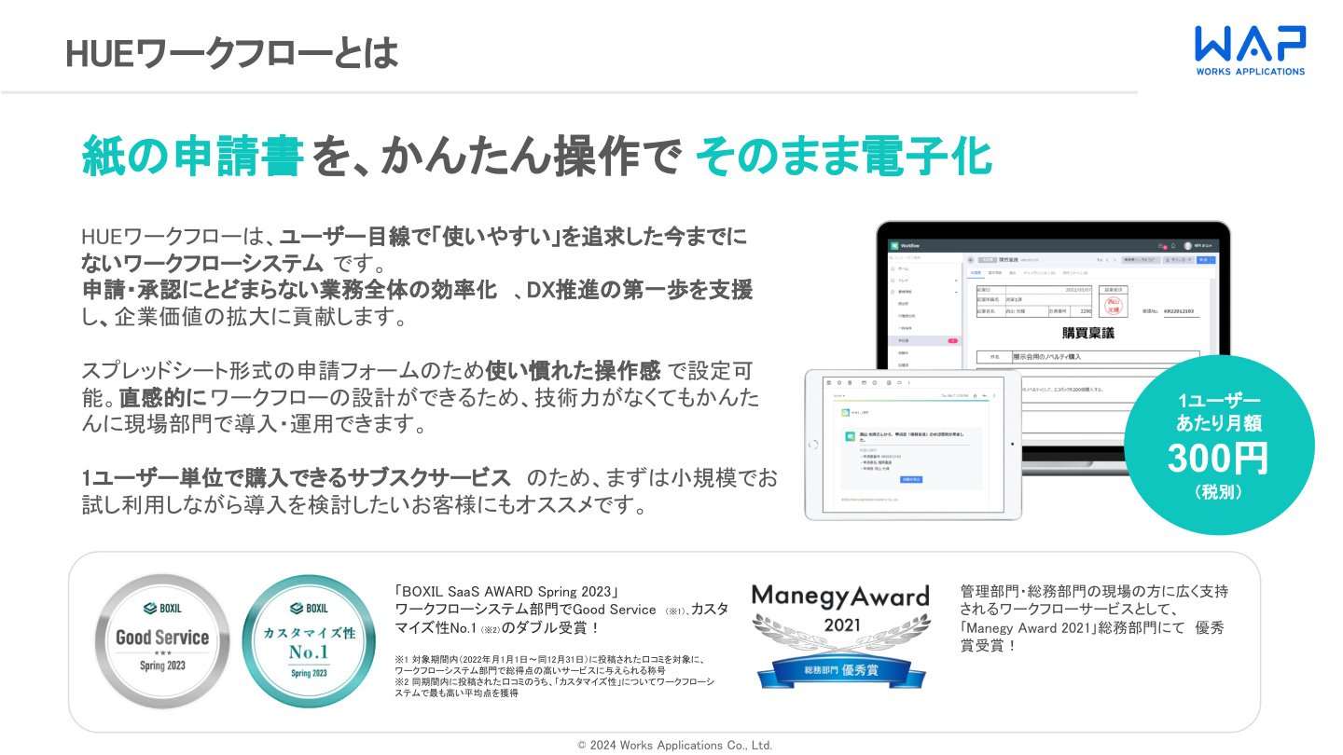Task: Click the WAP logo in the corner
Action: click(x=1251, y=49)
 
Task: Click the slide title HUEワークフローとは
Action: click(x=232, y=54)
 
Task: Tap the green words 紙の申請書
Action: click(x=192, y=156)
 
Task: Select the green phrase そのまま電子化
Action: click(x=844, y=156)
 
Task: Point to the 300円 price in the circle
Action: click(x=1218, y=458)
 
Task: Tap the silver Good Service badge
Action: click(x=162, y=638)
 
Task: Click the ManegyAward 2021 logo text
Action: click(x=840, y=596)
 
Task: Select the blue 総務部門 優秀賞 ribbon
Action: click(x=841, y=669)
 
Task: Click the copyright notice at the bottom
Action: click(x=674, y=745)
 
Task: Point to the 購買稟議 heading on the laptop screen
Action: click(x=1087, y=333)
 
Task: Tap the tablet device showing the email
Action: click(x=913, y=444)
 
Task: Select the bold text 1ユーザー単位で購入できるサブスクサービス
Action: click(x=297, y=478)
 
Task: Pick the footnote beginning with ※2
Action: click(x=555, y=687)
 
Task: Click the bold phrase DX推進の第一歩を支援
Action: click(x=639, y=290)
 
